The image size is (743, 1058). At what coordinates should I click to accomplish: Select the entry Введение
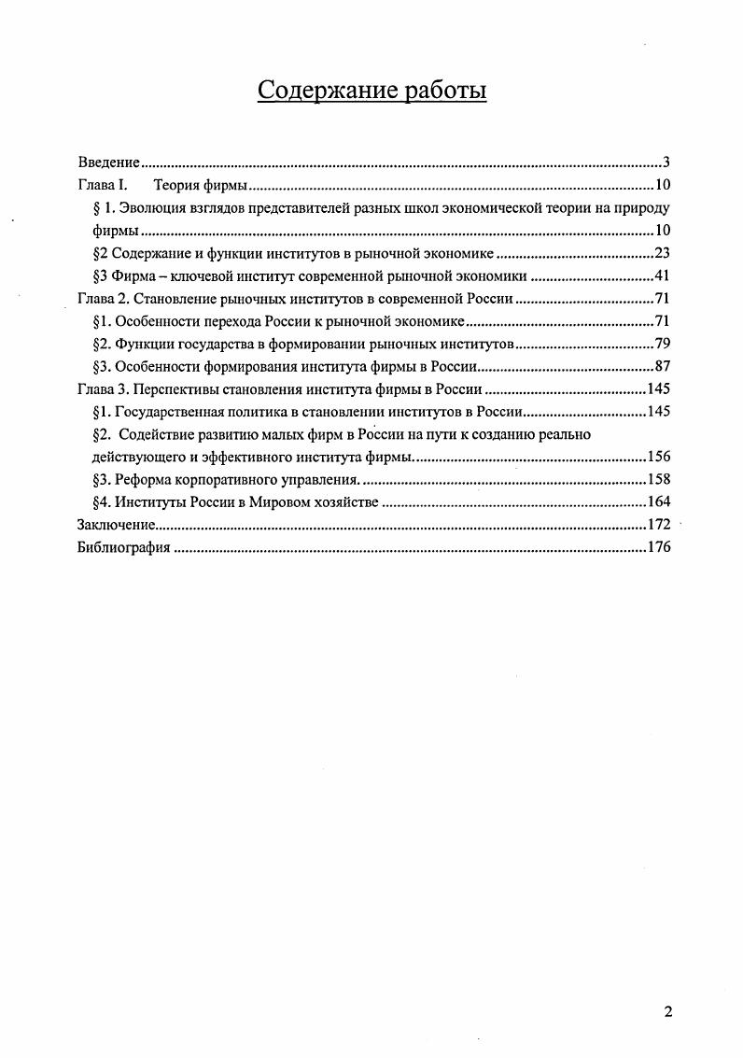108,162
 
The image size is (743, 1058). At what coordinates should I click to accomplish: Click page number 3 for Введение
666,162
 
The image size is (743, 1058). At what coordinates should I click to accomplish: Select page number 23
662,252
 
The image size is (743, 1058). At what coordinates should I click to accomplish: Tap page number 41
662,275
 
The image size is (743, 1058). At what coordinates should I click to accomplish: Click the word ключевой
202,275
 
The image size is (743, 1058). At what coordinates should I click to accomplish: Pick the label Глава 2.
101,299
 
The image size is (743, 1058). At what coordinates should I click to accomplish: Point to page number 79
662,344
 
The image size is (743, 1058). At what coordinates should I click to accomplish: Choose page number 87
662,367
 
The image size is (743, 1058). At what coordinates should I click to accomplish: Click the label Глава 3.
101,389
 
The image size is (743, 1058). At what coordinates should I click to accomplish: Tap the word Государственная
171,412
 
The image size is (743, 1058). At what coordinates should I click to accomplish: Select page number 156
658,458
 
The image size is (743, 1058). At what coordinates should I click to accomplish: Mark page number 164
658,502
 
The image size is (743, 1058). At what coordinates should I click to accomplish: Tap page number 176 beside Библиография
658,548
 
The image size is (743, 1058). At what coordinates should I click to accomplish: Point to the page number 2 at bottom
666,1012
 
